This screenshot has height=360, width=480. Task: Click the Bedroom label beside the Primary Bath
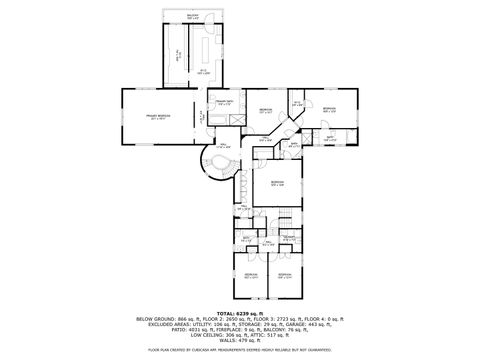tap(265, 110)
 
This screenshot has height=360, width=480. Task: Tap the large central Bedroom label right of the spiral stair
tap(277, 182)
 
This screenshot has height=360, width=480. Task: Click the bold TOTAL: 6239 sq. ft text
tap(239, 312)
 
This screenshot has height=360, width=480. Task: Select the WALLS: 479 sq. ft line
tap(240, 339)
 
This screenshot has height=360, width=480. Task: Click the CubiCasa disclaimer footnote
tap(240, 350)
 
